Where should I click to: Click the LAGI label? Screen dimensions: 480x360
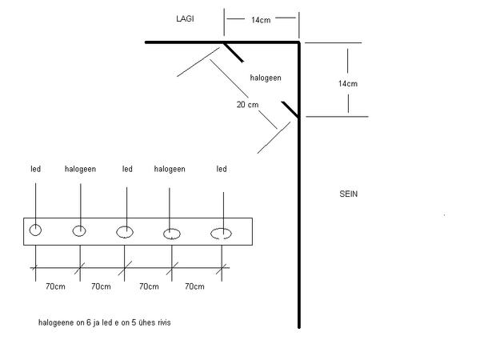pyautogui.click(x=185, y=18)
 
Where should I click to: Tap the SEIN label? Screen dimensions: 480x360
pyautogui.click(x=348, y=194)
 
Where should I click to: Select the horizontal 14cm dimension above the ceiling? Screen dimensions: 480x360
pyautogui.click(x=261, y=20)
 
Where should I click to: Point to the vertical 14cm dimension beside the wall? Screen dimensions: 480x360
pyautogui.click(x=348, y=83)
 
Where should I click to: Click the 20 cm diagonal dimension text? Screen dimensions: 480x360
pyautogui.click(x=247, y=105)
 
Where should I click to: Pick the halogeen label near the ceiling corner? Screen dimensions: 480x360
pyautogui.click(x=266, y=78)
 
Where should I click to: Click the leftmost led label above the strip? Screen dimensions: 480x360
pyautogui.click(x=35, y=169)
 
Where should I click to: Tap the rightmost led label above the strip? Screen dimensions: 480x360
pyautogui.click(x=222, y=169)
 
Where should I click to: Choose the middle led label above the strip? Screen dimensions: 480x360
pyautogui.click(x=127, y=169)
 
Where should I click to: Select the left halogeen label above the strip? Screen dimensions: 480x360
pyautogui.click(x=80, y=169)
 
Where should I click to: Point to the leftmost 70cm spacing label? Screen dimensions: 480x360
pyautogui.click(x=55, y=286)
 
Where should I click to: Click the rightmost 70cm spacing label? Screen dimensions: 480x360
pyautogui.click(x=194, y=286)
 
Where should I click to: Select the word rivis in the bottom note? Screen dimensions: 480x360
pyautogui.click(x=163, y=322)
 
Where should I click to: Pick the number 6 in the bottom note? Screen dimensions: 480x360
pyautogui.click(x=89, y=322)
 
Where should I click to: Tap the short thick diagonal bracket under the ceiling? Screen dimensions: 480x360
pyautogui.click(x=234, y=52)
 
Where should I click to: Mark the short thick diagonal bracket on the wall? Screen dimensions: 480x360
pyautogui.click(x=290, y=110)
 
